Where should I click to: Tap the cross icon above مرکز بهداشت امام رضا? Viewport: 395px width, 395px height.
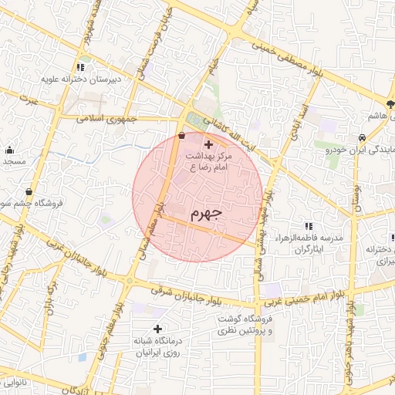click(x=208, y=143)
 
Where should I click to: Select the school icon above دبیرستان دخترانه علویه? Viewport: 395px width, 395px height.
click(x=80, y=67)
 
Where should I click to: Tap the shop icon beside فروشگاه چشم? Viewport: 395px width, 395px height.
click(x=29, y=192)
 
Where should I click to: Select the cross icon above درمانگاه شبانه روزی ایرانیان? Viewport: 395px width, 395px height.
click(x=157, y=329)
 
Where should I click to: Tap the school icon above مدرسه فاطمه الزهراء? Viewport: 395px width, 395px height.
click(x=309, y=226)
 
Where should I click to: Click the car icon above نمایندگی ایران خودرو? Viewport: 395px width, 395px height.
click(x=360, y=137)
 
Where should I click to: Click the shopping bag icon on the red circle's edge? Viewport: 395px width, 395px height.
click(x=181, y=136)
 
